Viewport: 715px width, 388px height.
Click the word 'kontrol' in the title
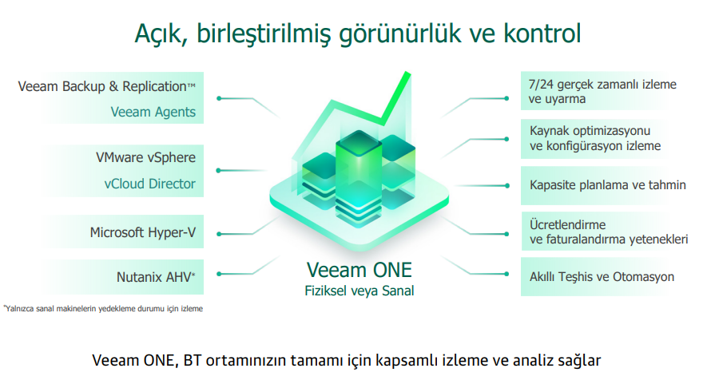[542, 34]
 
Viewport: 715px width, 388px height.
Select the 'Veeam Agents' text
[153, 112]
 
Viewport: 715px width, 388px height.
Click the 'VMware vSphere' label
[145, 158]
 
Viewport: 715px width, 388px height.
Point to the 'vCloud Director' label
[149, 184]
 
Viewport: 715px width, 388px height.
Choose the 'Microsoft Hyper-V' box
[142, 232]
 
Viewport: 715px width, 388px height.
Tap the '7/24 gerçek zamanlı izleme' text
[602, 85]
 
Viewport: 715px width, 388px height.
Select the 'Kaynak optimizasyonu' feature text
[590, 131]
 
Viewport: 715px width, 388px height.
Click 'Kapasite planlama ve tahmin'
[607, 185]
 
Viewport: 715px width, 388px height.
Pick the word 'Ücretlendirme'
[567, 225]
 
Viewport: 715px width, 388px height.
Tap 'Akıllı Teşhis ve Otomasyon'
[602, 277]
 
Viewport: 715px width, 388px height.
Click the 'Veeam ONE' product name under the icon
[359, 270]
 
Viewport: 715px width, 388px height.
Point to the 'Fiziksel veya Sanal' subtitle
[359, 291]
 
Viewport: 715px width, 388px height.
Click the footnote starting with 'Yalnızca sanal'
[103, 309]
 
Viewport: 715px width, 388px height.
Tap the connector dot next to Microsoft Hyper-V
[219, 234]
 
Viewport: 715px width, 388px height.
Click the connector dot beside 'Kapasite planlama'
[507, 185]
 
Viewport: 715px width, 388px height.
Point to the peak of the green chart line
[407, 73]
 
